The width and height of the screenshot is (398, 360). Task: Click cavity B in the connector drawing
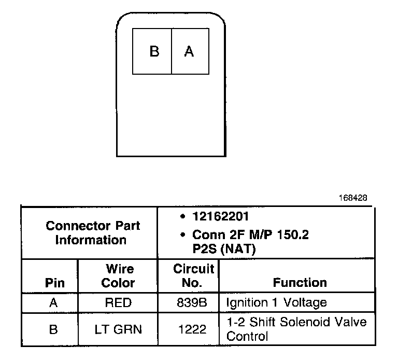(x=153, y=52)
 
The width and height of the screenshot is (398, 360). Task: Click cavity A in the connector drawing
(x=189, y=52)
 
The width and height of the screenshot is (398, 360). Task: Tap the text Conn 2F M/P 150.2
(x=250, y=234)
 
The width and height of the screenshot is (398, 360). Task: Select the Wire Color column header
(x=118, y=276)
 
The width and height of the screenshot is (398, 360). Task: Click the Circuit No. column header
(x=193, y=276)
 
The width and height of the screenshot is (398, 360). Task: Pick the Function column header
(x=300, y=283)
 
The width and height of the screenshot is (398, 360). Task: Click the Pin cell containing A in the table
(x=53, y=302)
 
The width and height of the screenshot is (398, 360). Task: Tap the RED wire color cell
(x=118, y=302)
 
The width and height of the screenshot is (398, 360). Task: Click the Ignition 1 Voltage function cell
(x=276, y=302)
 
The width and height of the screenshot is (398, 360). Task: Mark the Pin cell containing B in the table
(x=53, y=329)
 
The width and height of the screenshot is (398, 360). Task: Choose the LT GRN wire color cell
(x=118, y=329)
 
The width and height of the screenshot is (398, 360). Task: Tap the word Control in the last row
(x=247, y=336)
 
